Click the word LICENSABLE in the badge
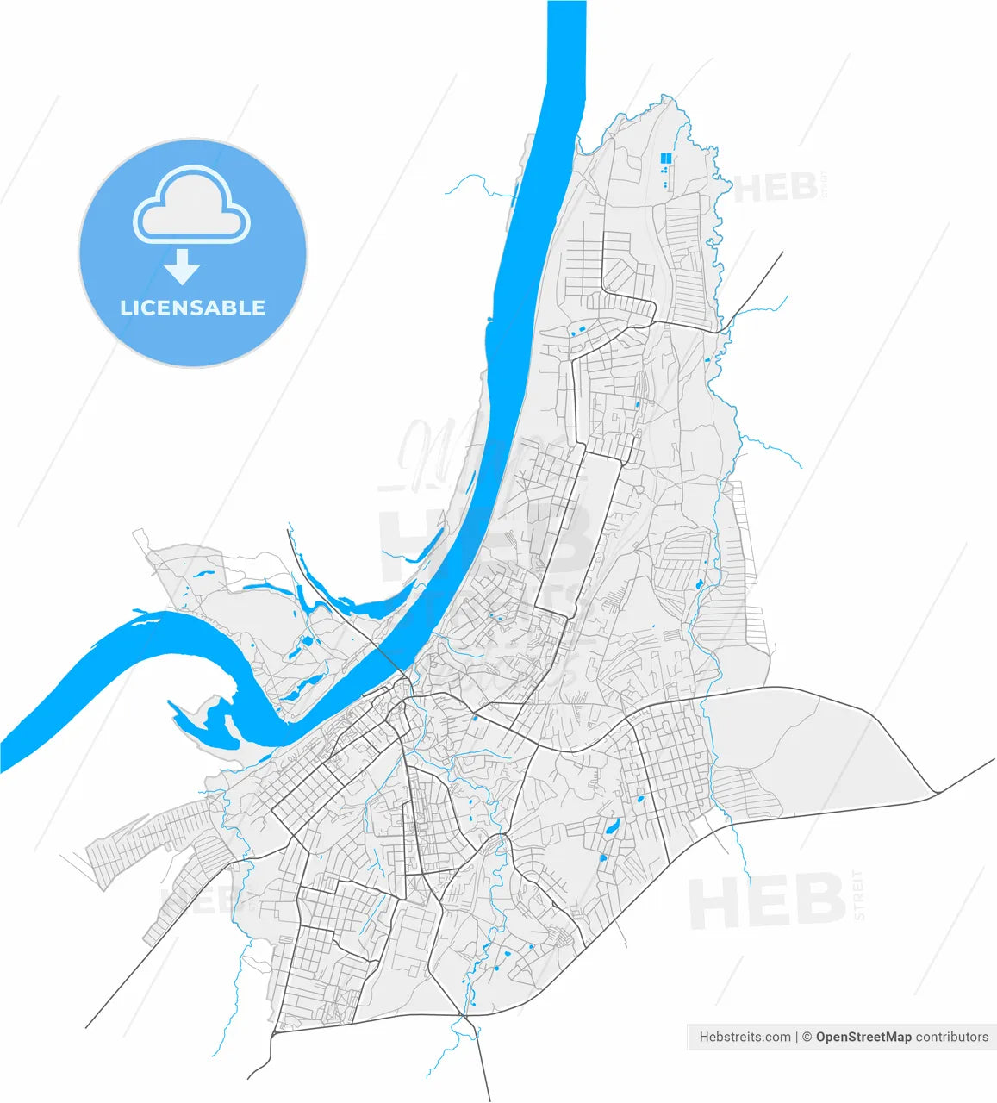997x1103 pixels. (192, 308)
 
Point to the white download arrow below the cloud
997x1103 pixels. (182, 267)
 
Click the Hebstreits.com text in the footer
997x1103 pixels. (745, 1037)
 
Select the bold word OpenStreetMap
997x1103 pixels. (863, 1037)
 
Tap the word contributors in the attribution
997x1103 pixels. (952, 1037)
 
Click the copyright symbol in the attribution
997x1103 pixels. (807, 1037)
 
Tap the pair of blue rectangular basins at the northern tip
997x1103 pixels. (665, 159)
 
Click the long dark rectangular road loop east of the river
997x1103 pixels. (576, 530)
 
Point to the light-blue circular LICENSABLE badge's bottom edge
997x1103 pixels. (193, 365)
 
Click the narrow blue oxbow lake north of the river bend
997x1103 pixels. (267, 588)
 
